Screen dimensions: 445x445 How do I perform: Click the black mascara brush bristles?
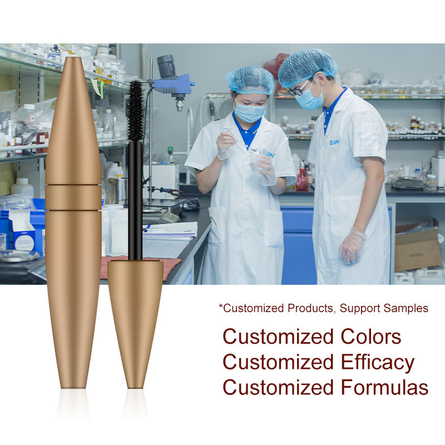(x=135, y=111)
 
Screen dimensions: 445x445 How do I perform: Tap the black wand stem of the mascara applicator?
(x=135, y=201)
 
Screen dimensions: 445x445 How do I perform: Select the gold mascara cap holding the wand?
(x=135, y=324)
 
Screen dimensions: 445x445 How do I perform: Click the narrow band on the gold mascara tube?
(x=73, y=197)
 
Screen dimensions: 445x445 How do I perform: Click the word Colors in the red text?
(x=371, y=337)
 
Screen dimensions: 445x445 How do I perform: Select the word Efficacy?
(x=378, y=363)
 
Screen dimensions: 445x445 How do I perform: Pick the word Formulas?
(x=384, y=387)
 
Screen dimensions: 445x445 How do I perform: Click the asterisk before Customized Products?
(x=221, y=306)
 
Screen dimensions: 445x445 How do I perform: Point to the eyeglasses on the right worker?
(x=298, y=89)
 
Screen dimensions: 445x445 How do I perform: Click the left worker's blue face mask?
(x=250, y=112)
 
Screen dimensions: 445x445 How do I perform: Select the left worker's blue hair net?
(x=250, y=80)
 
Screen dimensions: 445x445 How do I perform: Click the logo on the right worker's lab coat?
(x=335, y=142)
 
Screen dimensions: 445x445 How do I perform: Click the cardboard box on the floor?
(x=418, y=248)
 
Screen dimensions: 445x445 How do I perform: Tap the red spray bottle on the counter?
(x=303, y=177)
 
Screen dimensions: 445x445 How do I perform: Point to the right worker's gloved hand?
(x=352, y=245)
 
